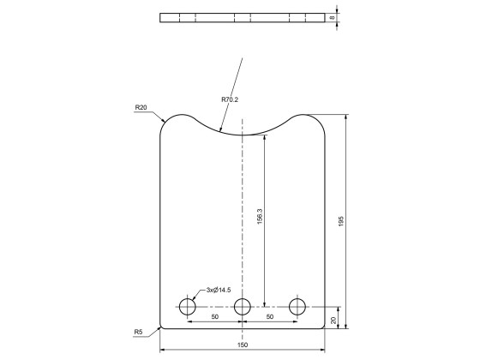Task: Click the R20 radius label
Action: point(141,108)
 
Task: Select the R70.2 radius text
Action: point(230,100)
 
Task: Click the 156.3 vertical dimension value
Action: point(260,218)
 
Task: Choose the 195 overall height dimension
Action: point(341,221)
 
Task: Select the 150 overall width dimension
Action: point(243,345)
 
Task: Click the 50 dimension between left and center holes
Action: point(215,317)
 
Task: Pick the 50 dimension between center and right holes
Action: point(270,317)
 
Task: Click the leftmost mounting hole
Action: point(188,306)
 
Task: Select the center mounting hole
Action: point(243,306)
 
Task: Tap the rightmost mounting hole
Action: point(297,306)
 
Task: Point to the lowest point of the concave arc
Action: point(243,134)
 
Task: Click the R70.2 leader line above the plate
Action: point(237,77)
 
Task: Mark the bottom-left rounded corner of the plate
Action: point(162,327)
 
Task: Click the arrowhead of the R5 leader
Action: point(160,327)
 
